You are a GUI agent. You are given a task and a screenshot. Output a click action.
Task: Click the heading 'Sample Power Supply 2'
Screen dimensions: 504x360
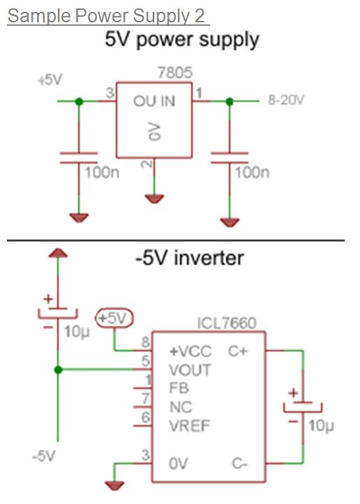(108, 15)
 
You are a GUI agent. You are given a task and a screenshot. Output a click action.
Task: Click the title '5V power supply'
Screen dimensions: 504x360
(181, 39)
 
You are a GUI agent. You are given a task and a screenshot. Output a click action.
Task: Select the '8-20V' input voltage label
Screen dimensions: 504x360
(286, 101)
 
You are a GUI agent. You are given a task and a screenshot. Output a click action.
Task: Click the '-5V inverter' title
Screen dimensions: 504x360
(189, 258)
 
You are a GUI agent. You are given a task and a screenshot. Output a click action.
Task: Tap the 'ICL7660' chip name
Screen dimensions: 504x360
(227, 323)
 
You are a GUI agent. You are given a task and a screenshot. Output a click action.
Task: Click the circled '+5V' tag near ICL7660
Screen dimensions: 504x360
(113, 318)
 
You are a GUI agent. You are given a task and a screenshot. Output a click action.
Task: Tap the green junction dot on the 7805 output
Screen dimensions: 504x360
(79, 102)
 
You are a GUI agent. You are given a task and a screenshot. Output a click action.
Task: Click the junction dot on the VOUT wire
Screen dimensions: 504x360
(59, 369)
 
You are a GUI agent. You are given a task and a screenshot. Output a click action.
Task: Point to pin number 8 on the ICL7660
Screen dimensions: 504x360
(145, 344)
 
